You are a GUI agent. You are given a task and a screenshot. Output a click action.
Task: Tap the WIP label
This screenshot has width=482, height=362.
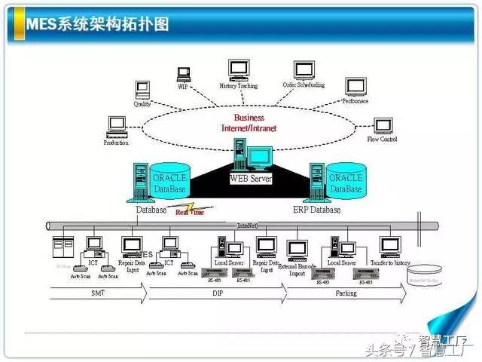pyautogui.click(x=182, y=87)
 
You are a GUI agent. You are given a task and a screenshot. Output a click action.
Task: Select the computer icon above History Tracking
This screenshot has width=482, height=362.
pyautogui.click(x=238, y=69)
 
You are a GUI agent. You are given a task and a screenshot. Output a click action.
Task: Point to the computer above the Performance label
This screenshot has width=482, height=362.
pyautogui.click(x=353, y=86)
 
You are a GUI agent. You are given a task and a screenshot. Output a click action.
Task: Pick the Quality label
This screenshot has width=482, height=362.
pyautogui.click(x=142, y=104)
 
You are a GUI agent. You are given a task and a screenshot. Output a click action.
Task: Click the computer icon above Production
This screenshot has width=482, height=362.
pyautogui.click(x=116, y=125)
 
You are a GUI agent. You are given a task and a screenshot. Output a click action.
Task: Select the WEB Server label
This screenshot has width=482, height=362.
pyautogui.click(x=251, y=179)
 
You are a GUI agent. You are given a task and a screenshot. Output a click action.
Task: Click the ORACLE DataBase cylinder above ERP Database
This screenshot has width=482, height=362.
pyautogui.click(x=345, y=182)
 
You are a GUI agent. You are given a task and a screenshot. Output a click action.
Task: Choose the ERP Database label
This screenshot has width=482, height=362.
pyautogui.click(x=316, y=210)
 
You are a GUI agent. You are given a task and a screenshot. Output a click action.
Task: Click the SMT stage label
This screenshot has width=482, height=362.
pyautogui.click(x=97, y=293)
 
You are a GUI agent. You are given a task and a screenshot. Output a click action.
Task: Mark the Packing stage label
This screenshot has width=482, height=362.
pyautogui.click(x=346, y=293)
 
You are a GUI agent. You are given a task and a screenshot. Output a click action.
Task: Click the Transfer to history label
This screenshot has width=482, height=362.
pyautogui.click(x=389, y=263)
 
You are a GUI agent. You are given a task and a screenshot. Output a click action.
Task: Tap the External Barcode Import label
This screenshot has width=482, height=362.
pyautogui.click(x=297, y=268)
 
